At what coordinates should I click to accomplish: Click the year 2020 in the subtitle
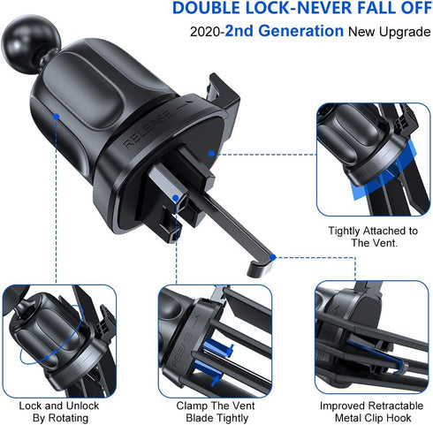pyautogui.click(x=205, y=33)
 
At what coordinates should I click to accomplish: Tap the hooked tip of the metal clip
pyautogui.click(x=258, y=262)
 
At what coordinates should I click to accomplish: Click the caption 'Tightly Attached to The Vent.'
pyautogui.click(x=372, y=237)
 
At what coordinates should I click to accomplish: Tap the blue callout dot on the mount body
pyautogui.click(x=56, y=116)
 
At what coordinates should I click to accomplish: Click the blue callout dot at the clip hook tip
pyautogui.click(x=274, y=257)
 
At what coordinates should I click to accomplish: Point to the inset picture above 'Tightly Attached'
pyautogui.click(x=373, y=160)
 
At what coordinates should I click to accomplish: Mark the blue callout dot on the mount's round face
pyautogui.click(x=212, y=152)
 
